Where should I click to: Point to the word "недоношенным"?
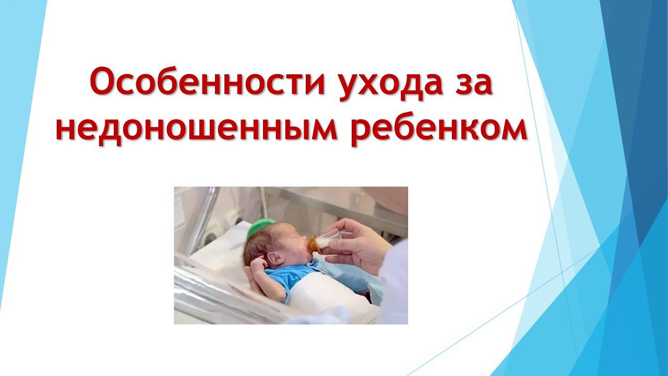pos(194,128)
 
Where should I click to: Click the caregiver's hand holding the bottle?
pos(360,243)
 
